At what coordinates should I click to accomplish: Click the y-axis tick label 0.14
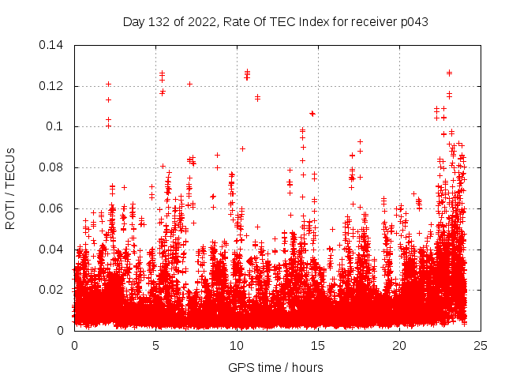click(53, 45)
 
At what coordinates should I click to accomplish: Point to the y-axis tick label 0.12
click(53, 86)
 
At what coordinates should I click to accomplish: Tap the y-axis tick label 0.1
click(56, 126)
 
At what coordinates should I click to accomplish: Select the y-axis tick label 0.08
click(53, 167)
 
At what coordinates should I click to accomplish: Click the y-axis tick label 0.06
click(53, 208)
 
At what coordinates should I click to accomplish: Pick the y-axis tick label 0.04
click(53, 250)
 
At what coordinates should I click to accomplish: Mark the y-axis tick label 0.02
click(53, 290)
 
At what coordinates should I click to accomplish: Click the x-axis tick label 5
click(155, 345)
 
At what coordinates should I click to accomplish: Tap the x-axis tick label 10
click(237, 345)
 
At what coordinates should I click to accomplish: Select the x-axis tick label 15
click(318, 345)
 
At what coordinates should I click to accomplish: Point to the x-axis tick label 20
click(399, 345)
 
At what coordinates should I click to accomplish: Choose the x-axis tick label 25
click(481, 345)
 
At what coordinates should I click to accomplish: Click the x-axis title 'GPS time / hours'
click(275, 367)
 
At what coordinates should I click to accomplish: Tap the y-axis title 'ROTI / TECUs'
click(11, 188)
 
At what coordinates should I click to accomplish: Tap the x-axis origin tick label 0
click(74, 345)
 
